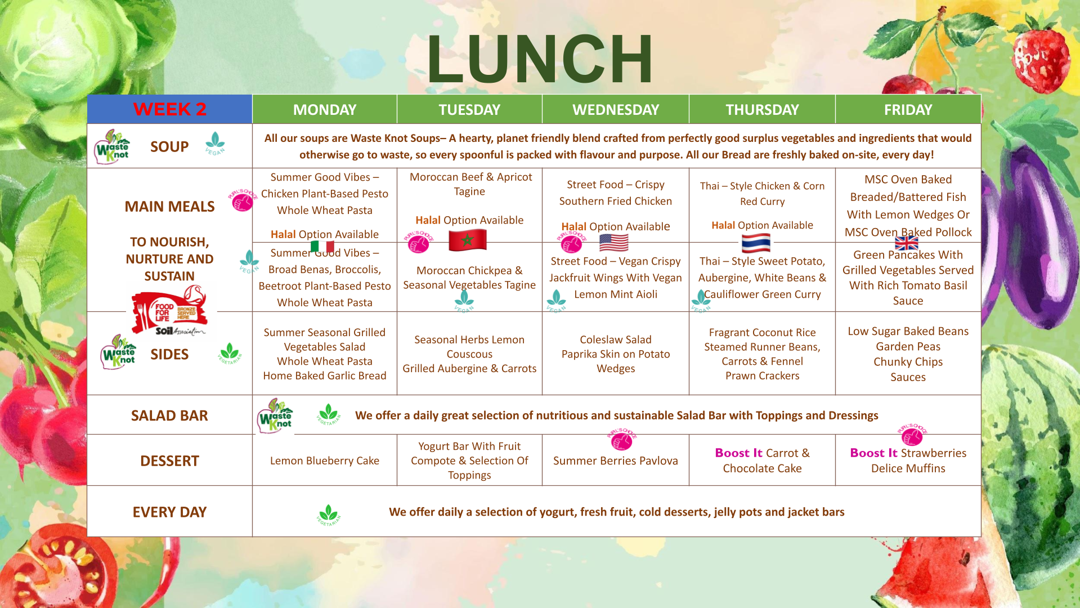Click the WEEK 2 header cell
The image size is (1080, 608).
click(x=169, y=109)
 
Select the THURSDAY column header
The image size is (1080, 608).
click(x=762, y=109)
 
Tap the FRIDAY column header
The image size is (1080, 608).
click(x=908, y=109)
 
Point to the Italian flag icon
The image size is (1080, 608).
click(x=322, y=247)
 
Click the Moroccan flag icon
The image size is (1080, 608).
click(x=467, y=240)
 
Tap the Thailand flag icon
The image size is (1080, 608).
click(x=756, y=243)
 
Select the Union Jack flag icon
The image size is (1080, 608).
click(x=906, y=243)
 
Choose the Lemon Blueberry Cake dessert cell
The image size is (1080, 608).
click(x=325, y=461)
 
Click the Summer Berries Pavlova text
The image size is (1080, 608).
click(x=615, y=461)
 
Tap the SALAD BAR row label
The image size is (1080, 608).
click(x=169, y=415)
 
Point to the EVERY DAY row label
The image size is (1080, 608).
click(x=169, y=512)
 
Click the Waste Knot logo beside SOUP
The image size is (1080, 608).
click(x=111, y=147)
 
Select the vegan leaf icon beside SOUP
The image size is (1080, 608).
click(x=215, y=144)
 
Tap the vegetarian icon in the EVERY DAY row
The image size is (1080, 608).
click(x=329, y=515)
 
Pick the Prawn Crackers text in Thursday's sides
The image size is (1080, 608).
click(x=762, y=375)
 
